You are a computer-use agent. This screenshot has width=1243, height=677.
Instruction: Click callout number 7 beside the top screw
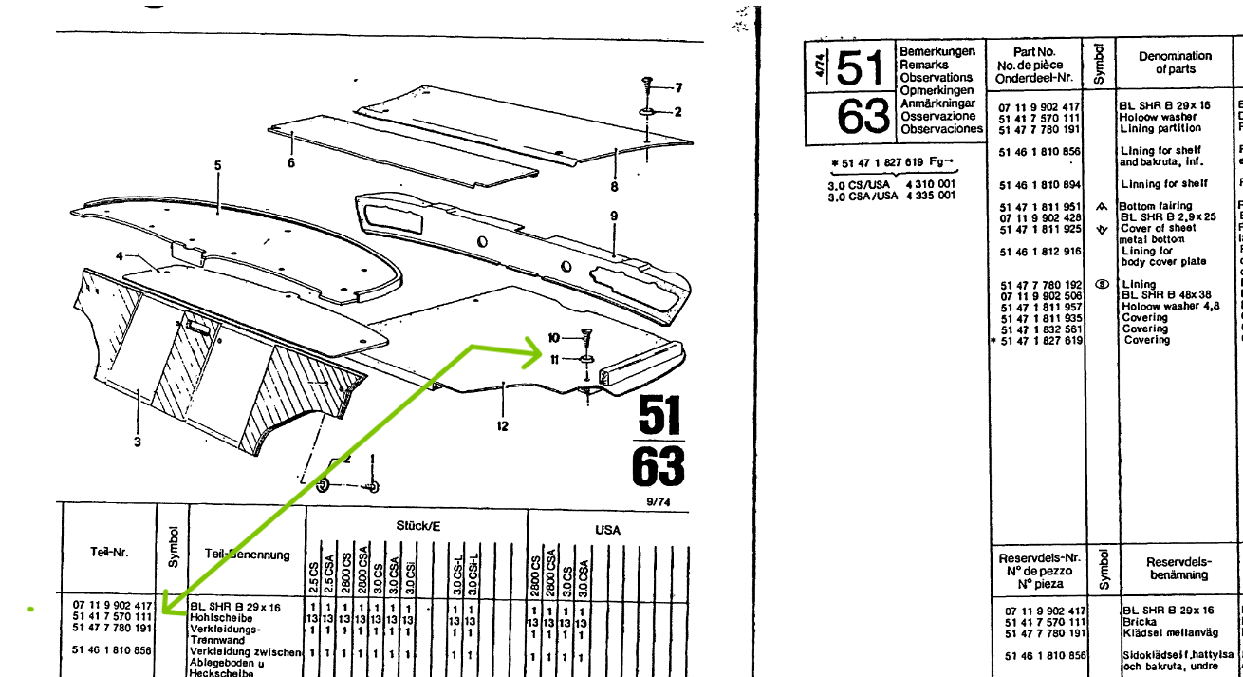tap(678, 87)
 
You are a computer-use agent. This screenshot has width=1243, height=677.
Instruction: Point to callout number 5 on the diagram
tap(217, 165)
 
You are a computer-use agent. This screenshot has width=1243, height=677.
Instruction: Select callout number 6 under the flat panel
tap(290, 163)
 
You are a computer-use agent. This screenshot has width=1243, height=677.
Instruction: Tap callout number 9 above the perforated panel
tap(614, 216)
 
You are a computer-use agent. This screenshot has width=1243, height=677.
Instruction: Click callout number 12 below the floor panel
tap(502, 426)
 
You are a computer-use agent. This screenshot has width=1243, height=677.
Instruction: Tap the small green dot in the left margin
tap(31, 608)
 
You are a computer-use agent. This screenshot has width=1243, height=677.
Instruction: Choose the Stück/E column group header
tap(417, 525)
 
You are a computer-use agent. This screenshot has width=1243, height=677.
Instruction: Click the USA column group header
tap(607, 530)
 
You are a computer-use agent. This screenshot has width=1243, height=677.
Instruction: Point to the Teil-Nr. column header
tap(108, 554)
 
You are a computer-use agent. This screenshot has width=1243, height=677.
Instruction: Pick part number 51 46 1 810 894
tap(1039, 184)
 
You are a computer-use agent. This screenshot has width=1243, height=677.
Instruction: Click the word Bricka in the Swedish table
tap(1140, 622)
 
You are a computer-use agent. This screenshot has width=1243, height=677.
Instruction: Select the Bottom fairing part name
tap(1156, 206)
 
